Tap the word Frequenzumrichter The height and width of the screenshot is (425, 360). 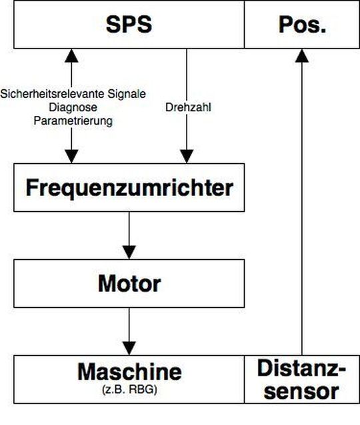(x=129, y=188)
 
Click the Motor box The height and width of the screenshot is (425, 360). (x=129, y=283)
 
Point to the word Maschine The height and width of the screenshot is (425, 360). (x=129, y=371)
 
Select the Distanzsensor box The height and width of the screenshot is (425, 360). (x=302, y=380)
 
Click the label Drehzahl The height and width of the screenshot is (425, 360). (x=187, y=107)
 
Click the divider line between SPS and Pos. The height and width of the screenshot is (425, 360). (x=244, y=25)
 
